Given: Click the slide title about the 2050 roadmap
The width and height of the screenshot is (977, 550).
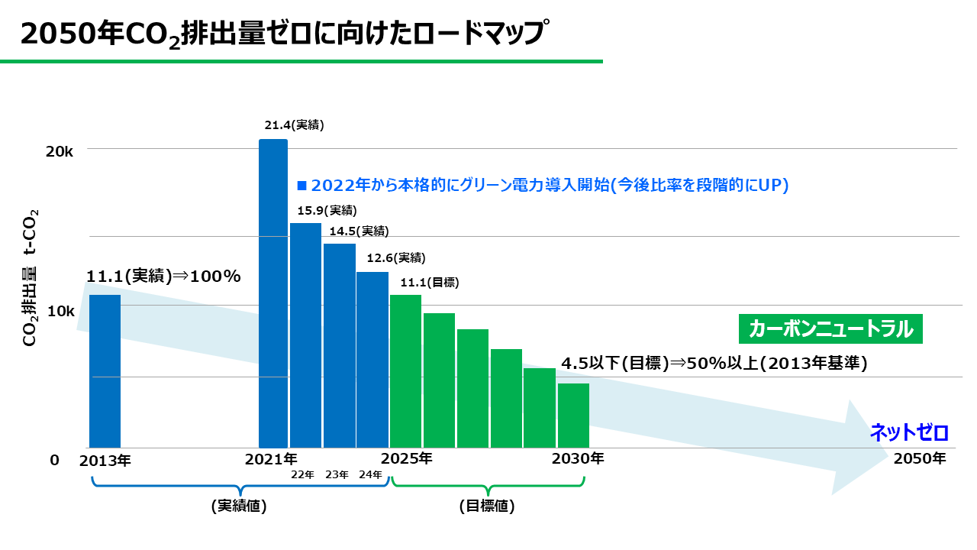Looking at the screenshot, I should pyautogui.click(x=284, y=34).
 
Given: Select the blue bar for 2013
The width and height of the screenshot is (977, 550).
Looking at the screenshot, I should pyautogui.click(x=105, y=371).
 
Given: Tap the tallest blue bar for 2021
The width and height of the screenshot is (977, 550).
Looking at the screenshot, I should pyautogui.click(x=273, y=294).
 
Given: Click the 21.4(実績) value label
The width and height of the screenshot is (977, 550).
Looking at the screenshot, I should pyautogui.click(x=294, y=125).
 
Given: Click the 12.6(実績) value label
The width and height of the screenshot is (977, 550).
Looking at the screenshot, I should pyautogui.click(x=396, y=257).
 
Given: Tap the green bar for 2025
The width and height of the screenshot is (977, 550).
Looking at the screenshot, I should pyautogui.click(x=405, y=371).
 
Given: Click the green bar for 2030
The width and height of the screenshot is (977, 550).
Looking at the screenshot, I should pyautogui.click(x=573, y=416).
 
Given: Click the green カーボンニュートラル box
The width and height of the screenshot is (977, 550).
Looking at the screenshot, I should pyautogui.click(x=831, y=329).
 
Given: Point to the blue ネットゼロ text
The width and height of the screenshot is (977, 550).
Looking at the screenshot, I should pyautogui.click(x=909, y=433).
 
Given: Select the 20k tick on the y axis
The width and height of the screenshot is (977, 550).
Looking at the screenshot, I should pyautogui.click(x=60, y=152).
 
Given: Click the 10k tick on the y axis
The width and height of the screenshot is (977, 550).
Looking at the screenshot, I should pyautogui.click(x=60, y=312).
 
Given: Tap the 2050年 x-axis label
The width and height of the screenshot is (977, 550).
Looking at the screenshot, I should pyautogui.click(x=920, y=459).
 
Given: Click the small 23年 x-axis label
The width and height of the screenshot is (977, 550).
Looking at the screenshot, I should pyautogui.click(x=337, y=475).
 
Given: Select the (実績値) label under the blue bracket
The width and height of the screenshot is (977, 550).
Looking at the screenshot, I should pyautogui.click(x=239, y=506).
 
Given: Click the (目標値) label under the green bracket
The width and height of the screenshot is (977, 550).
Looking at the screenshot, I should pyautogui.click(x=487, y=506).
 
